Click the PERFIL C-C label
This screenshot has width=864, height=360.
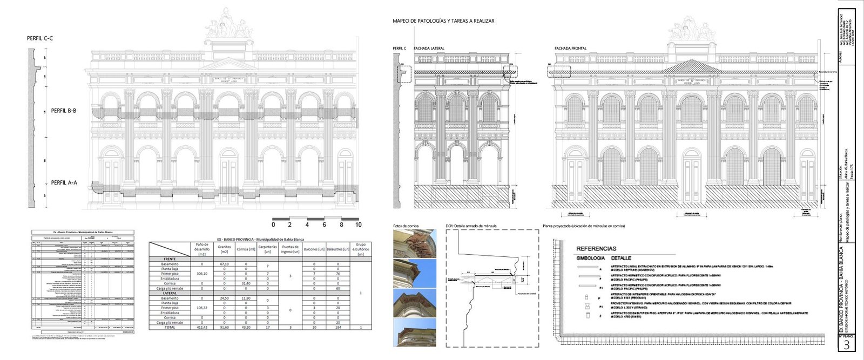click(x=40, y=38)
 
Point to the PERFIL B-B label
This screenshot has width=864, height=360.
click(x=64, y=111)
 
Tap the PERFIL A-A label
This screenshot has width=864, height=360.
click(x=64, y=183)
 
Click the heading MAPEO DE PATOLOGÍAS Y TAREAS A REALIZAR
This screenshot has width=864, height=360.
click(x=443, y=21)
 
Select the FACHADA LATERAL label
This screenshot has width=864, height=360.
click(x=429, y=49)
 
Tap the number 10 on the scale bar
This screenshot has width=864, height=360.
click(x=358, y=225)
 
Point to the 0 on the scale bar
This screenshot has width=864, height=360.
click(x=273, y=225)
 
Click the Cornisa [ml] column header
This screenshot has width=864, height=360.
click(x=246, y=249)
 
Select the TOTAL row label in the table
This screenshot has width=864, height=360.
click(x=170, y=327)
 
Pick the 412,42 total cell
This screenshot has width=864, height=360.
click(x=202, y=327)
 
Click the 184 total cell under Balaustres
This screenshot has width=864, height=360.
click(x=338, y=327)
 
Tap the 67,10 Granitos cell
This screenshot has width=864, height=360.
click(x=224, y=264)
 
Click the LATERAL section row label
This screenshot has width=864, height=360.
click(x=170, y=293)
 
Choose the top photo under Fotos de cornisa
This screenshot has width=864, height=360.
click(x=414, y=243)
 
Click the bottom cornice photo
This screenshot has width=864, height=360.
click(x=414, y=332)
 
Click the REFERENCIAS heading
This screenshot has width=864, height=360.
click(x=596, y=249)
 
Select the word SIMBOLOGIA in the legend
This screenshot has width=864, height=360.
click(x=591, y=259)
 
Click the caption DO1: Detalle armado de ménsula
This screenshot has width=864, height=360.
click(x=471, y=226)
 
